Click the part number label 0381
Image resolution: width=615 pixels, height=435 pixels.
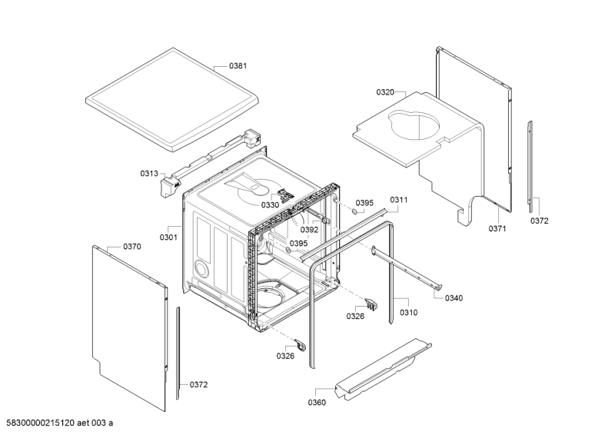238,66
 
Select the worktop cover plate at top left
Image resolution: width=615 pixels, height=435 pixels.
169,96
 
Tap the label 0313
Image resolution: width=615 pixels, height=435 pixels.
148,174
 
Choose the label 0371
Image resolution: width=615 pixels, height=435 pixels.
497,228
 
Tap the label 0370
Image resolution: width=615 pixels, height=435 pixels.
132,247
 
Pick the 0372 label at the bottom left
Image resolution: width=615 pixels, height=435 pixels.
198,384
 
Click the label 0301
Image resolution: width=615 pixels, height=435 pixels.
168,237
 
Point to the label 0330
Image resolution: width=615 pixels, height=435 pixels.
270,204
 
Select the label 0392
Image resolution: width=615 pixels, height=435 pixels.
309,229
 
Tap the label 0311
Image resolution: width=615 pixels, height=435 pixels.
398,200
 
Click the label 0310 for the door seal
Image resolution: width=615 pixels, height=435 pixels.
408,313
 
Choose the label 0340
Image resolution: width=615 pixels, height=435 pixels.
454,298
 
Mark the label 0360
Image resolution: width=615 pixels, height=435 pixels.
317,402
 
